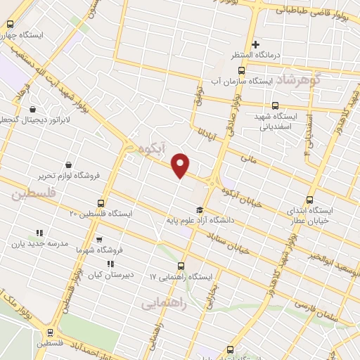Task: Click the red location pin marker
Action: click(181, 166)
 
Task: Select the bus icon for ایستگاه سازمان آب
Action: click(242, 71)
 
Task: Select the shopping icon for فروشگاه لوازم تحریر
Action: click(67, 164)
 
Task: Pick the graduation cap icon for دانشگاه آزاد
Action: click(200, 209)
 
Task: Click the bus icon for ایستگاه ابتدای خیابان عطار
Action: click(312, 199)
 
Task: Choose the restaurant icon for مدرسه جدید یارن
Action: click(39, 233)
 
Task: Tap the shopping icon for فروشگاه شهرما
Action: click(98, 239)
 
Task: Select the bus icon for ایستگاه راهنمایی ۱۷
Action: click(181, 266)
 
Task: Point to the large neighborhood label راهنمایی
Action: click(161, 303)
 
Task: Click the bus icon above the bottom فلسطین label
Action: click(49, 333)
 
